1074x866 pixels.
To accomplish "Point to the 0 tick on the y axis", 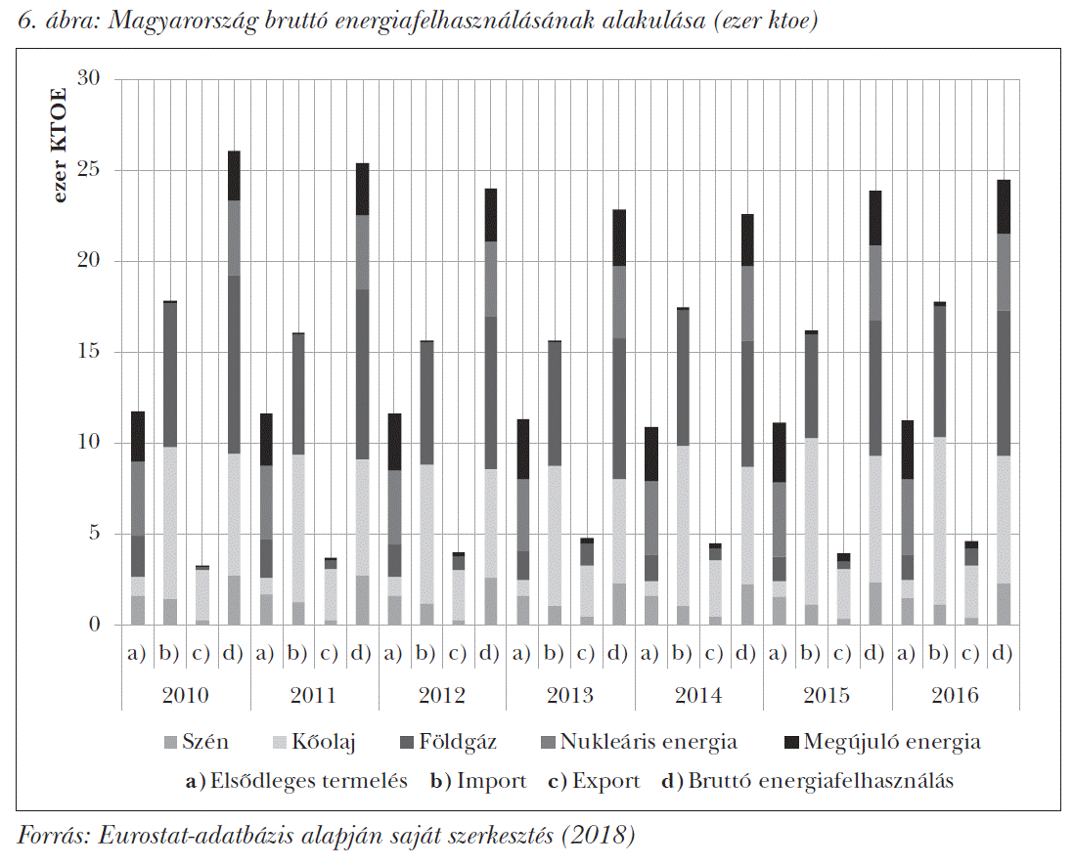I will (x=95, y=625).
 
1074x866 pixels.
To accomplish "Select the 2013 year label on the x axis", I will (x=570, y=696).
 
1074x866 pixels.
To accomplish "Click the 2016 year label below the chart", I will (x=955, y=696).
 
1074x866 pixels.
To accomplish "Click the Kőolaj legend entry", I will (x=329, y=742).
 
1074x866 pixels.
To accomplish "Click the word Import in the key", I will (x=491, y=781).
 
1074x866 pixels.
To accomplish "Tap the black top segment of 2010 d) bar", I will (x=234, y=176).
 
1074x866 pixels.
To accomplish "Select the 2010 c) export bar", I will (x=201, y=596).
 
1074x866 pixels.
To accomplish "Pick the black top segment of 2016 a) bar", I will (x=907, y=450).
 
